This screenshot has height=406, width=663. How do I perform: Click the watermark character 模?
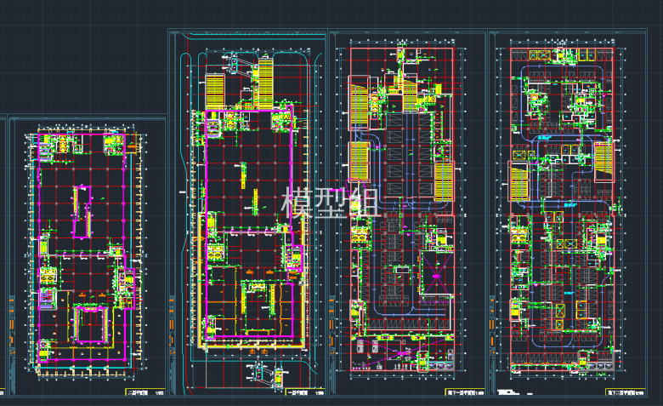pyautogui.click(x=296, y=203)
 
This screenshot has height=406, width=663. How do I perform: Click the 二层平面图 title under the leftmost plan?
pyautogui.click(x=137, y=392)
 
